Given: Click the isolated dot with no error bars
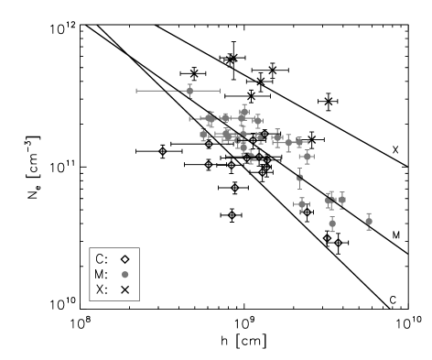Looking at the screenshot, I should (x=125, y=274).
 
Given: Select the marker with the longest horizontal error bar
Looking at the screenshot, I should (x=189, y=91).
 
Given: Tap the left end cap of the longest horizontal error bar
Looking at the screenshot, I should (x=137, y=91).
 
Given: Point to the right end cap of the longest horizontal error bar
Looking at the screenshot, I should (x=220, y=91).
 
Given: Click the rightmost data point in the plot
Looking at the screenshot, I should (x=369, y=221).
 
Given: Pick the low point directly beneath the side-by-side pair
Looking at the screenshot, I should (x=332, y=223).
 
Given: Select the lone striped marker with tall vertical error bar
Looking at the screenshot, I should (x=299, y=178).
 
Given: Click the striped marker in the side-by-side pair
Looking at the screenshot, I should (x=329, y=201).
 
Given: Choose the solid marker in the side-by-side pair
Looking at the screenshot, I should (x=342, y=199).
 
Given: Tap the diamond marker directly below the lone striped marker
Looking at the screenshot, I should (x=301, y=204).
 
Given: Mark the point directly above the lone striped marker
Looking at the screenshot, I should (x=307, y=157).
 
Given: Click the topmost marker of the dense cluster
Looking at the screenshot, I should (x=244, y=110).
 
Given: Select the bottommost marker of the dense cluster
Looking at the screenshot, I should (x=251, y=157).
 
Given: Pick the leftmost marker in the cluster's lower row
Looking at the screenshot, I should (x=203, y=135).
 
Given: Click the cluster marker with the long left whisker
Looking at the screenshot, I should (x=210, y=118).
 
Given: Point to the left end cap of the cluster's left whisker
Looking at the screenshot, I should (x=189, y=118).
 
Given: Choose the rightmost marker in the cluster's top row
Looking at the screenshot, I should (x=258, y=120).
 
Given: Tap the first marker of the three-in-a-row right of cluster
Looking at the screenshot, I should (x=277, y=138).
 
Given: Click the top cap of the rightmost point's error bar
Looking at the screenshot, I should (x=369, y=213).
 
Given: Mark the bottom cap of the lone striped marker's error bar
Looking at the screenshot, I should (x=299, y=189).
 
